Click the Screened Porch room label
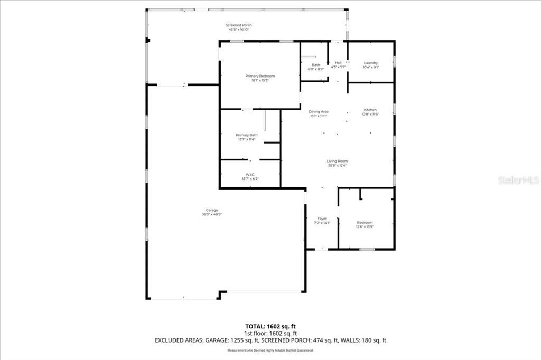coord(238,25)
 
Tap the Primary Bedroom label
coord(260,76)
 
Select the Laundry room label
coord(370,63)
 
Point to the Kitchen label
coord(369,110)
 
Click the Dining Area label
coord(319,111)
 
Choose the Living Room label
coord(338,161)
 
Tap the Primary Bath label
coord(246,135)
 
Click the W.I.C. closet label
coord(250,175)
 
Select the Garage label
coord(212,210)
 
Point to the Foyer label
coord(322,219)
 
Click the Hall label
coord(338,63)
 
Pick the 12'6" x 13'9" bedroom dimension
coord(365,227)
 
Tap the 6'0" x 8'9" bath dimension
coord(315,69)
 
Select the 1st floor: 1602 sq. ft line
coord(270,333)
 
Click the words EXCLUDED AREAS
coord(179,340)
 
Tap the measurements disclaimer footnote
coord(270,350)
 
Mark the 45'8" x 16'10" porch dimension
coord(238,30)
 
